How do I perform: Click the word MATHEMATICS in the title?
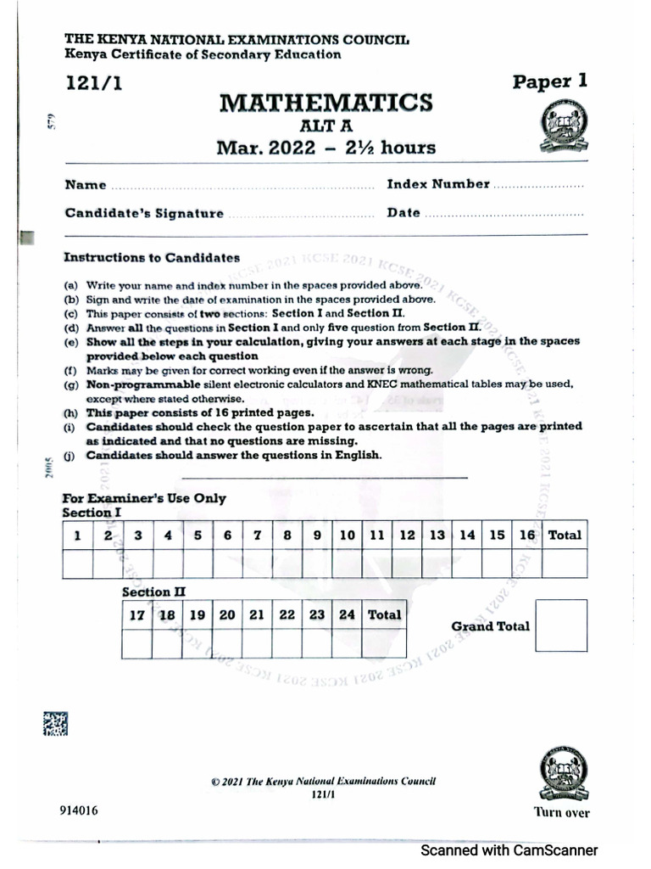point(326,104)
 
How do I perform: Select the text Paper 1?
point(549,81)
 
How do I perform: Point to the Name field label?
point(86,185)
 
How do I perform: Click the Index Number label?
point(438,184)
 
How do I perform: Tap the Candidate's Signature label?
point(144,214)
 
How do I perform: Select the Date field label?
point(403,213)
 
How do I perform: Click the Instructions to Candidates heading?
point(152,258)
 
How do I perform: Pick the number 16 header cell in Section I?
point(527,535)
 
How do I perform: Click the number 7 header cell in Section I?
point(257,535)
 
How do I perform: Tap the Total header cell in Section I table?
point(565,535)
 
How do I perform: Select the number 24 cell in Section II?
point(346,615)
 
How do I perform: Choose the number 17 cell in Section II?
point(136,615)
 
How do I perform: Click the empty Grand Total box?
point(561,625)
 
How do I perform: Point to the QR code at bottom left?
point(55,723)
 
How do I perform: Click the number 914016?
point(79,810)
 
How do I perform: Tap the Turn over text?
point(561,812)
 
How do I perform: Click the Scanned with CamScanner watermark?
point(509,850)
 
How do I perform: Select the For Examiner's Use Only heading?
point(144,498)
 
